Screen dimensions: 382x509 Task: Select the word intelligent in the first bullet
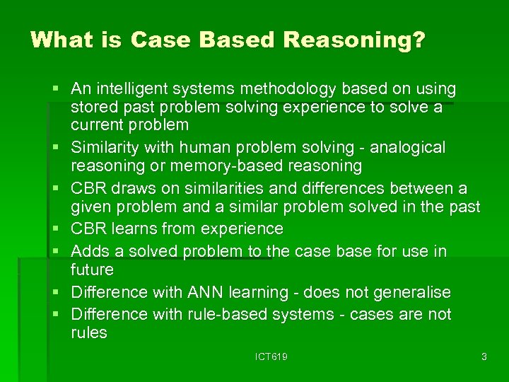pyautogui.click(x=131, y=90)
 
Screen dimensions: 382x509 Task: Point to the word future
pyautogui.click(x=92, y=270)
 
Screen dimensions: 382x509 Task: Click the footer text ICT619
pyautogui.click(x=271, y=357)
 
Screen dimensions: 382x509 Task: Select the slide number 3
pyautogui.click(x=484, y=357)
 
